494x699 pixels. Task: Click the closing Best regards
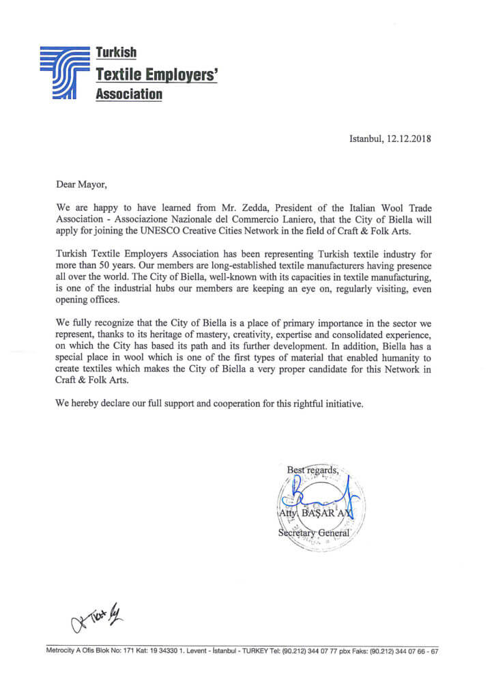312,470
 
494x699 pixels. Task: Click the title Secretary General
314,532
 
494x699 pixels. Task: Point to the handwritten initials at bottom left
95,618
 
